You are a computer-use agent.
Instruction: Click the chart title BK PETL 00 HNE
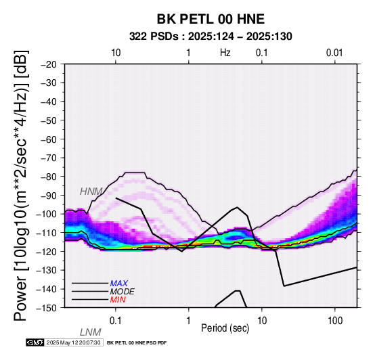click(211, 19)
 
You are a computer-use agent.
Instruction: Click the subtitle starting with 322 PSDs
click(211, 37)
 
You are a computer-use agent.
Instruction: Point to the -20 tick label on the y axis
click(49, 64)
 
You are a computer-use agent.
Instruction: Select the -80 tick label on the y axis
click(49, 177)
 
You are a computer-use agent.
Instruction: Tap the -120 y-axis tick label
click(47, 252)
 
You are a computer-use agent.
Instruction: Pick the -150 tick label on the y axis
click(47, 308)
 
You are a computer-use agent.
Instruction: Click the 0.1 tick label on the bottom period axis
click(115, 321)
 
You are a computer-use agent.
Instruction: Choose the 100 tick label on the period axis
click(335, 321)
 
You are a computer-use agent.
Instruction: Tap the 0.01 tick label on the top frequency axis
click(334, 53)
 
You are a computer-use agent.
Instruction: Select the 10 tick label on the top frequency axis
click(116, 53)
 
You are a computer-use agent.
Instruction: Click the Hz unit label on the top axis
click(225, 53)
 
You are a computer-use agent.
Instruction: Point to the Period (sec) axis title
click(225, 328)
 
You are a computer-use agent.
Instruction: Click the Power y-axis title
click(21, 185)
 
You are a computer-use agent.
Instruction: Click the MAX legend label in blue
click(119, 284)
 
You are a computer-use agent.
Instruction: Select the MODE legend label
click(123, 292)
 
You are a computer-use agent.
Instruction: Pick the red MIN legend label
click(118, 300)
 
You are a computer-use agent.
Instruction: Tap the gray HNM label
click(91, 192)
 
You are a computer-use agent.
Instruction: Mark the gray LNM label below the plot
click(91, 332)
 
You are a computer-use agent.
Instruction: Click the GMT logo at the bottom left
click(35, 342)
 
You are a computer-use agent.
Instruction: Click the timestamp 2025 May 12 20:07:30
click(74, 342)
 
